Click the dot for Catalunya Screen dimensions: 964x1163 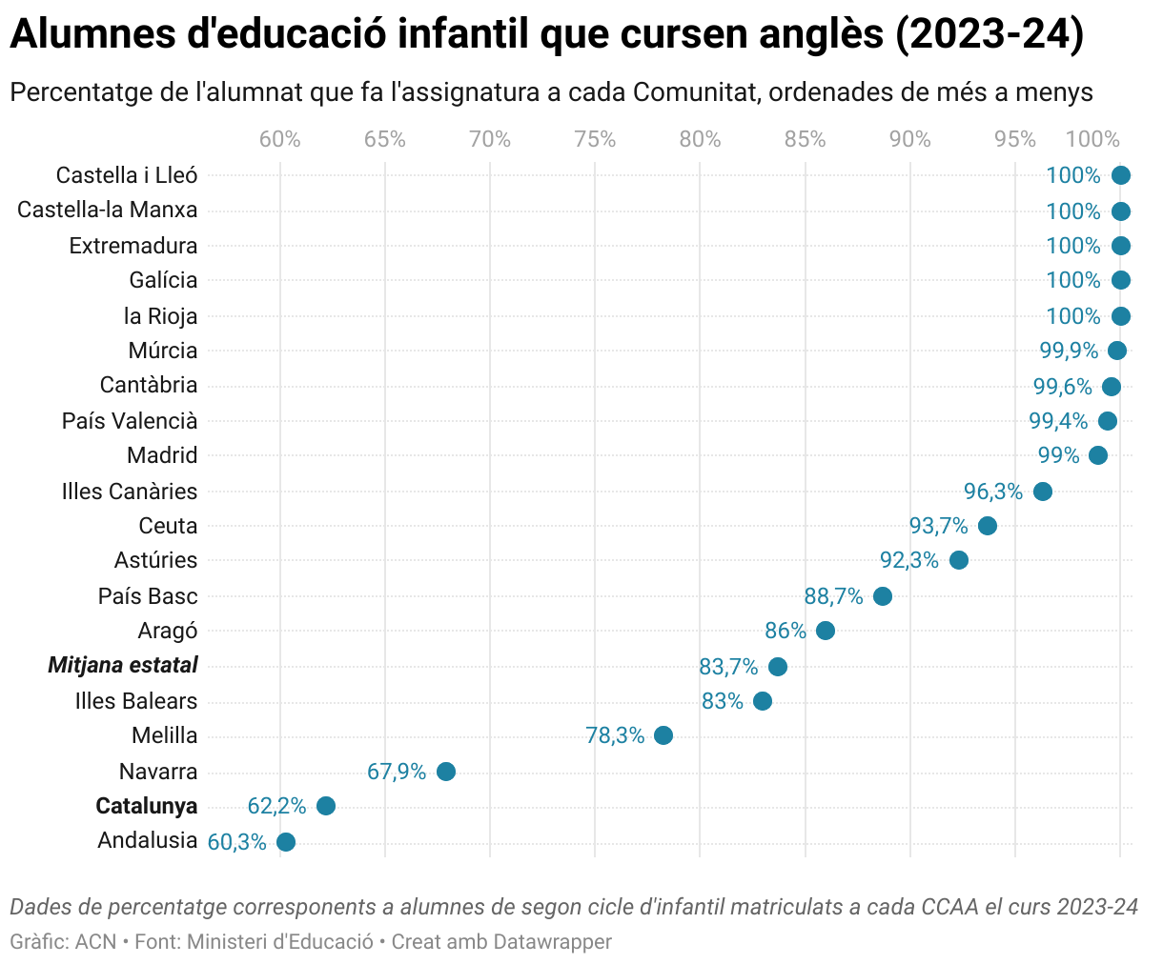click(x=326, y=806)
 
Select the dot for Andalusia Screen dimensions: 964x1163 click(x=286, y=842)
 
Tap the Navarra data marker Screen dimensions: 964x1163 click(x=446, y=772)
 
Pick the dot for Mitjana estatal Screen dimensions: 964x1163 click(x=778, y=667)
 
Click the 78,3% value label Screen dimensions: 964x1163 click(x=615, y=735)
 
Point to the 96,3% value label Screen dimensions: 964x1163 click(x=992, y=492)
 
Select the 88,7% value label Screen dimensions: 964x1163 click(x=833, y=596)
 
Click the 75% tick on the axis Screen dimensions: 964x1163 click(x=595, y=140)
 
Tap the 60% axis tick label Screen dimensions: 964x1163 click(x=280, y=140)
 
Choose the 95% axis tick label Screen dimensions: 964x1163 click(x=1015, y=140)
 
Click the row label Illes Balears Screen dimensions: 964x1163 click(x=136, y=701)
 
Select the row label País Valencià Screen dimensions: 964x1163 click(x=130, y=421)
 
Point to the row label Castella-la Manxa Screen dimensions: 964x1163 click(x=108, y=210)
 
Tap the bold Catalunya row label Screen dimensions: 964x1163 click(x=147, y=806)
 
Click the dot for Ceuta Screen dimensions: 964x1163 click(x=988, y=526)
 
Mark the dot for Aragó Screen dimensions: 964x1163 click(x=826, y=631)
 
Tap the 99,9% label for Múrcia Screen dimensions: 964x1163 click(x=1069, y=351)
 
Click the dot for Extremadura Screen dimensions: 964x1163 click(x=1121, y=246)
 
